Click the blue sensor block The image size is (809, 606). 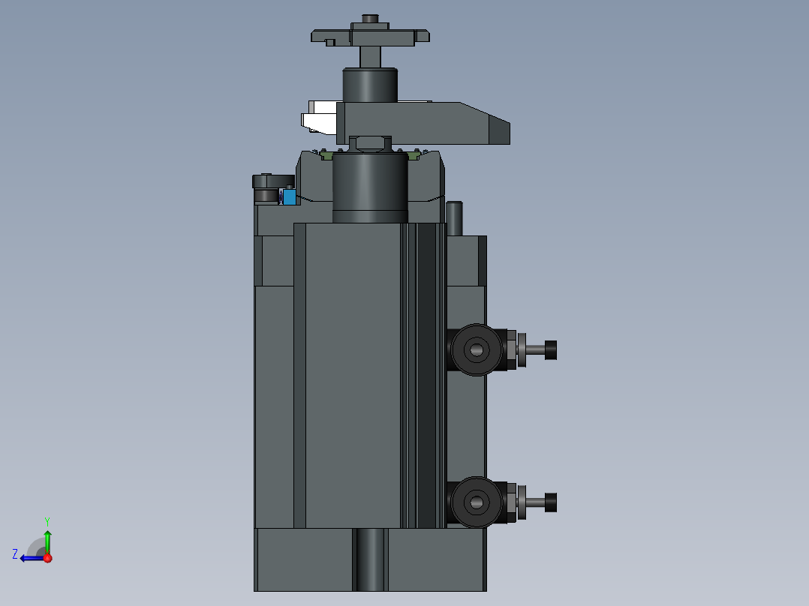[x=290, y=196]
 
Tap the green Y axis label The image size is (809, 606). [x=47, y=521]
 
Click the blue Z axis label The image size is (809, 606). [x=15, y=554]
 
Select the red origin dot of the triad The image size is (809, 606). [x=47, y=558]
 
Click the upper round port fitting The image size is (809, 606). [x=476, y=350]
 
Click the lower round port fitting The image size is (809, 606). [x=476, y=502]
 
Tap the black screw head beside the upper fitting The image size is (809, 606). [x=551, y=350]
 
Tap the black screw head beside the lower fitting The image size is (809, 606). [x=551, y=502]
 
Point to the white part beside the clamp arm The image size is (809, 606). [x=320, y=118]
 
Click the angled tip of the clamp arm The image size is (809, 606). [x=499, y=130]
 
